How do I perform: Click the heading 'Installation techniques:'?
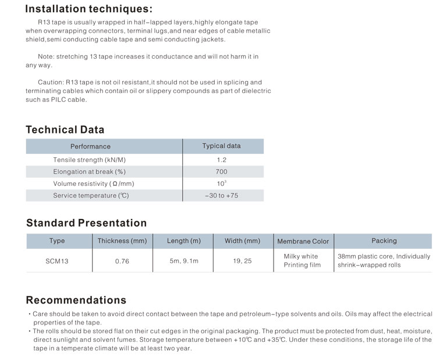[89, 9]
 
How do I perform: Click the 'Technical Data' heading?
[65, 130]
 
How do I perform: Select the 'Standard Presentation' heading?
[87, 223]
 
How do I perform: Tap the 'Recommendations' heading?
[76, 301]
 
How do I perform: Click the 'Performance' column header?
[90, 146]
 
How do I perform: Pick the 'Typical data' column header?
[221, 146]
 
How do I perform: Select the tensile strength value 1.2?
[221, 159]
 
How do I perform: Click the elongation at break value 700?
[221, 172]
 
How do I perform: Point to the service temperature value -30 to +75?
[221, 196]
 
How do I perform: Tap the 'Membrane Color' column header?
[303, 241]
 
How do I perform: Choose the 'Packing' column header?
[384, 241]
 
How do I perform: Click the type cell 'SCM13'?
[57, 262]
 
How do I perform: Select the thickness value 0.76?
[122, 262]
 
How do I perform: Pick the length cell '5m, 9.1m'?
[184, 261]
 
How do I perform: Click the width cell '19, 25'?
[242, 261]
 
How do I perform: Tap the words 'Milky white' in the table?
[301, 256]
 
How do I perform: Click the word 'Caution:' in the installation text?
[51, 82]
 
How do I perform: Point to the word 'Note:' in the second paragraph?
[46, 57]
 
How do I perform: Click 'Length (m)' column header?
[184, 241]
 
